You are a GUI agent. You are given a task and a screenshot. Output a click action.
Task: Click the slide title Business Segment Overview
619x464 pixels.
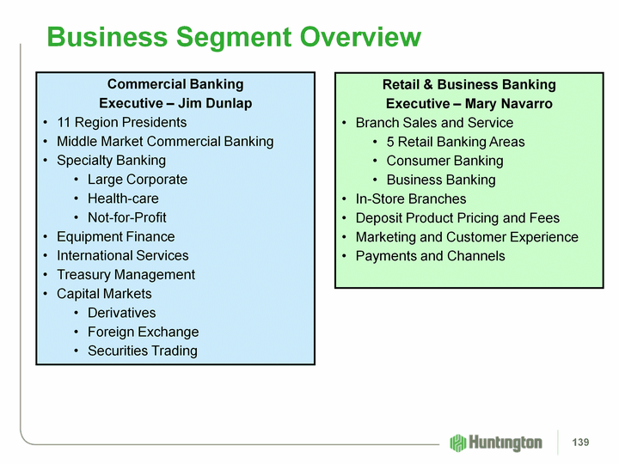point(234,37)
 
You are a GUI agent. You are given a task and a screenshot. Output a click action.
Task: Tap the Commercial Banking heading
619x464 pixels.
point(175,84)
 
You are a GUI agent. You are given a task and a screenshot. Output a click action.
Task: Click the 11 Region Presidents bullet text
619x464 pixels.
point(121,122)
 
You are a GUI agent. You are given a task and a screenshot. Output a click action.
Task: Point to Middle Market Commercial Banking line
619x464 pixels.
point(165,141)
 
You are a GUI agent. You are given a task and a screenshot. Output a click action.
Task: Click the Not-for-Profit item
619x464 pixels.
point(127,217)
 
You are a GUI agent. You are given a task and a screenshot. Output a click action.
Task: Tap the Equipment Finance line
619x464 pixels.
point(115,236)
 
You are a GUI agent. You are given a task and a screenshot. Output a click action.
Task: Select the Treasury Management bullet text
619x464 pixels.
point(126,275)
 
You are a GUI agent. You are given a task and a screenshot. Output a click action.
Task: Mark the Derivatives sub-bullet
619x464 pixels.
point(122,313)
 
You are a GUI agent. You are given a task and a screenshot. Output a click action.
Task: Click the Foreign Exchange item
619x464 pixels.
point(143,332)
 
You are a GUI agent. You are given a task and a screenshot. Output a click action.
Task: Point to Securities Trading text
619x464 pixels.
point(142,351)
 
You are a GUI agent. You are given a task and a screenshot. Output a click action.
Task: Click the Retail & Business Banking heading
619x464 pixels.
point(469,84)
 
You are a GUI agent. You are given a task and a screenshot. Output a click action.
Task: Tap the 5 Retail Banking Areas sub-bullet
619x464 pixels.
point(456,142)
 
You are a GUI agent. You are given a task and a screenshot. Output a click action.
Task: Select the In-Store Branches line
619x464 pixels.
point(411,199)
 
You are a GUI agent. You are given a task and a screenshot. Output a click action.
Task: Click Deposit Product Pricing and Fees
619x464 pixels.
point(457,218)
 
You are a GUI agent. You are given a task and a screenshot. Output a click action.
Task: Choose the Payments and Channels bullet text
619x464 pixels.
point(430,256)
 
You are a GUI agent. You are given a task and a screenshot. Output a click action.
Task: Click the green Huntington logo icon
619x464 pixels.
point(458,443)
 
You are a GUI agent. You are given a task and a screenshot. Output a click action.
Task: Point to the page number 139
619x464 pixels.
point(580,443)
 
